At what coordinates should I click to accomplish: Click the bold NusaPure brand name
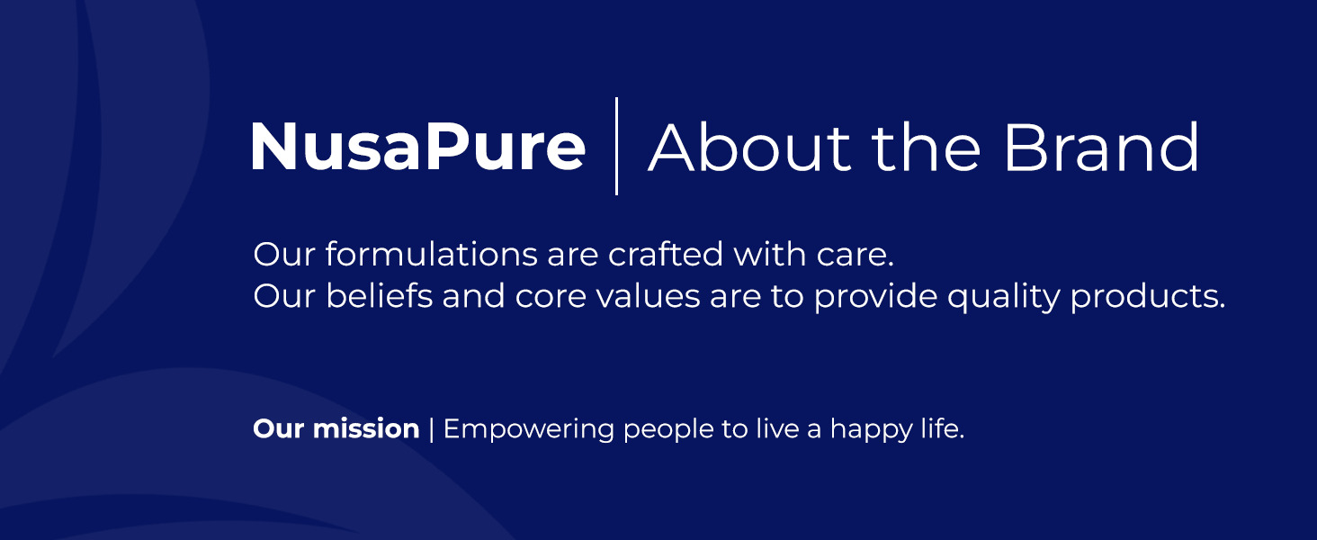pyautogui.click(x=418, y=147)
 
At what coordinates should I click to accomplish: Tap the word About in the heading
pyautogui.click(x=749, y=147)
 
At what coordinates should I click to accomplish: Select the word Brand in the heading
pyautogui.click(x=1100, y=147)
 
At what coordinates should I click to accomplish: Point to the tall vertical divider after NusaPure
pyautogui.click(x=616, y=146)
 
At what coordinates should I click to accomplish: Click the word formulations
pyautogui.click(x=432, y=254)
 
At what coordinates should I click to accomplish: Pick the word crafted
pyautogui.click(x=665, y=254)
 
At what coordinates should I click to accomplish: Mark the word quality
pyautogui.click(x=1003, y=297)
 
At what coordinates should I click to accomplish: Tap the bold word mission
pyautogui.click(x=366, y=428)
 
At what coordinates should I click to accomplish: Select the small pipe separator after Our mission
pyautogui.click(x=432, y=428)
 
